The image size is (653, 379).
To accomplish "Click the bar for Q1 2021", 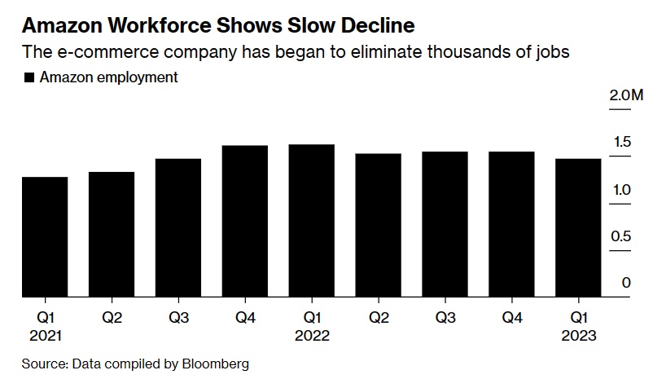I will (x=45, y=237).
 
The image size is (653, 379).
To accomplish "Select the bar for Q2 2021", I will (x=112, y=235).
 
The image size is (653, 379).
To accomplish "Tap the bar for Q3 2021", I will (x=178, y=228).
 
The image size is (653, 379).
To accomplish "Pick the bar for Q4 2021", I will (x=245, y=222).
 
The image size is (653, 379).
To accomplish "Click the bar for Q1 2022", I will (x=312, y=221).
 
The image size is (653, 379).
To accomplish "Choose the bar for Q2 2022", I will (x=379, y=226).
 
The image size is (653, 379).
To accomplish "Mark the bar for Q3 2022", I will (x=445, y=225).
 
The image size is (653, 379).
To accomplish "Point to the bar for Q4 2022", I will (x=511, y=225).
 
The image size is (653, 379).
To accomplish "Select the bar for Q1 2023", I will (x=578, y=228).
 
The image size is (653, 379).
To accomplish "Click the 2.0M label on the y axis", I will (x=625, y=95).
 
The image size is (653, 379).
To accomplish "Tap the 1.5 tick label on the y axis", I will (x=621, y=143).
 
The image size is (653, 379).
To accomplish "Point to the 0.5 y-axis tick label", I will (x=621, y=236).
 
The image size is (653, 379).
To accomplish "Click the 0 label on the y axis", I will (x=626, y=283).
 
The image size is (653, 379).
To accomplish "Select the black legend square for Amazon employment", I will (x=29, y=78).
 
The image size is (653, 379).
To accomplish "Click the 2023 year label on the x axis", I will (x=578, y=335).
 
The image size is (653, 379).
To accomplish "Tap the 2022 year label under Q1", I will (x=312, y=335).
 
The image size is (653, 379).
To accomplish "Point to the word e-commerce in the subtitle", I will (x=90, y=53).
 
